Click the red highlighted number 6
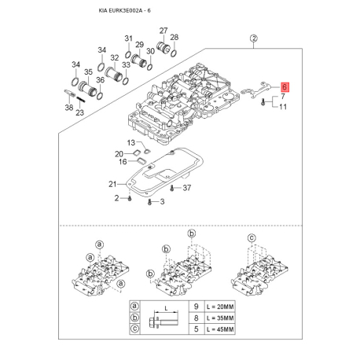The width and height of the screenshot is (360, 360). tap(285, 90)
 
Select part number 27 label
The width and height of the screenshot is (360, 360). tap(163, 31)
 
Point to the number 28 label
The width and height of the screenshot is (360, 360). tap(174, 38)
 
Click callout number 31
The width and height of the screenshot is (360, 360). tap(129, 38)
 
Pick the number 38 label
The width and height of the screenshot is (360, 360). tap(68, 107)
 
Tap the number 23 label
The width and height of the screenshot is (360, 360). tap(80, 112)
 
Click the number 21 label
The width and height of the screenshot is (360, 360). tap(112, 184)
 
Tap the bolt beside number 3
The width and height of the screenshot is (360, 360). tap(149, 203)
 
